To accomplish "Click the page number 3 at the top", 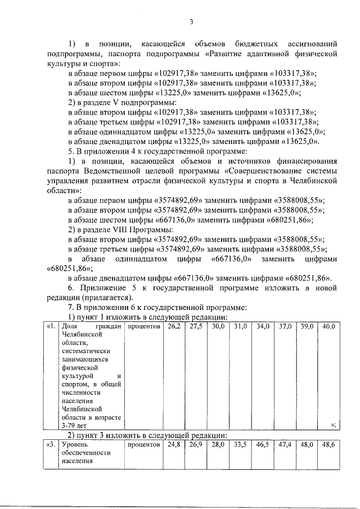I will coord(191,22).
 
